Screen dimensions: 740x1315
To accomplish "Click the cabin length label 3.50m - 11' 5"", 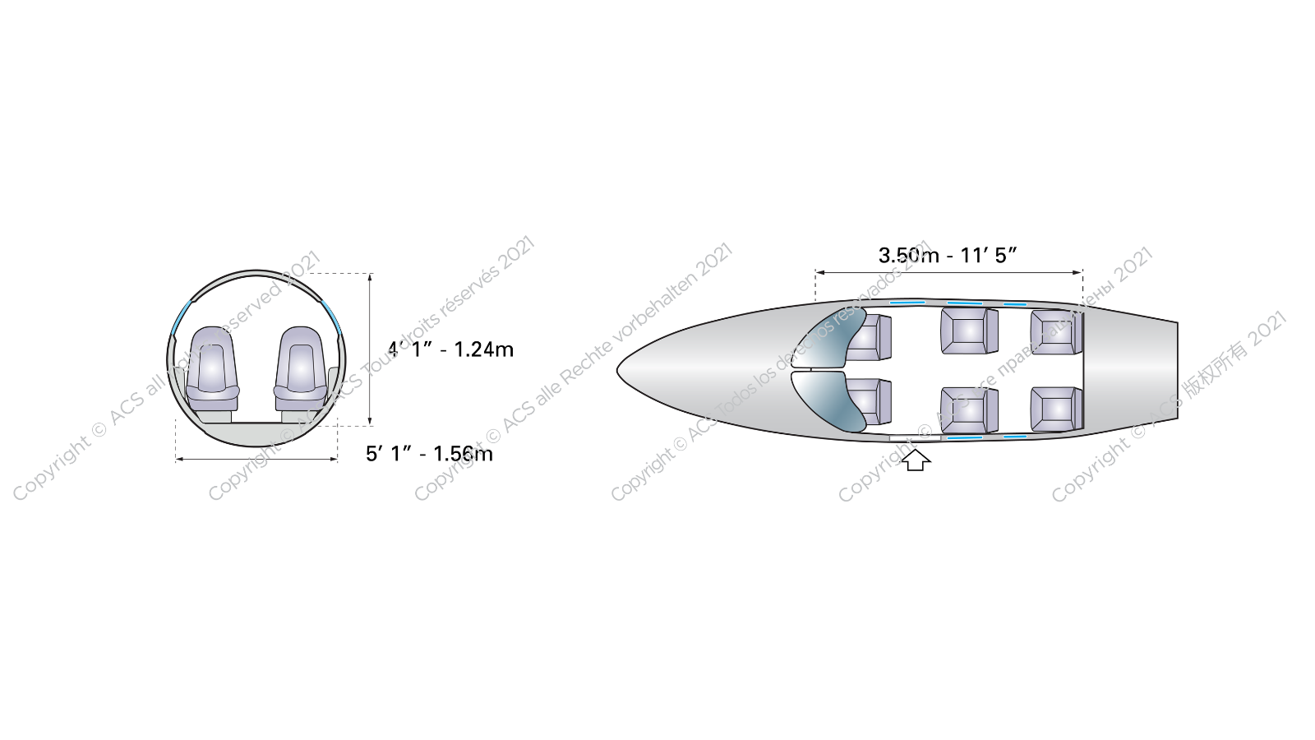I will [948, 255].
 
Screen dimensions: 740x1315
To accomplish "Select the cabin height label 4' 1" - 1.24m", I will [451, 349].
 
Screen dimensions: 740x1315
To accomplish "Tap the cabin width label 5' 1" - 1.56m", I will [429, 454].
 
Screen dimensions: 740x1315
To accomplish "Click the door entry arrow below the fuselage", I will [916, 460].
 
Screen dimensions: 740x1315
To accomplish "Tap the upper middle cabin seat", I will [968, 331].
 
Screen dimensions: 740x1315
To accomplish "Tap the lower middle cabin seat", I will [968, 409].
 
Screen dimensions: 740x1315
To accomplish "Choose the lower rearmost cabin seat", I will [1055, 408].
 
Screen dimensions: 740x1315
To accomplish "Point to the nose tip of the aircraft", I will [620, 371].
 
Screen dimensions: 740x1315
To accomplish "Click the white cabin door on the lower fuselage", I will [915, 438].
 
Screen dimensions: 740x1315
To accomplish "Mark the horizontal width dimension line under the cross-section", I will [256, 459].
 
